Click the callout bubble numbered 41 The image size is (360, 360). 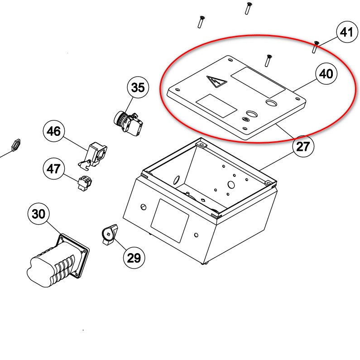point(346,32)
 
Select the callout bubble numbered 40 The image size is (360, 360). point(326,74)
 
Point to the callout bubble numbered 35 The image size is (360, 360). point(138,87)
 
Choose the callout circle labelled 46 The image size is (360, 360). point(53,132)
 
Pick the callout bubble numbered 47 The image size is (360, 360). point(53,168)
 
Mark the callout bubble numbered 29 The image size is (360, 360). point(134,258)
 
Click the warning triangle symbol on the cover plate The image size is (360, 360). point(216,82)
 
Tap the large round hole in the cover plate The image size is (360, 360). point(271,104)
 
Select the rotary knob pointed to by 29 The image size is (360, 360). point(109,235)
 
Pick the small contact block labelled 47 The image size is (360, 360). point(85,182)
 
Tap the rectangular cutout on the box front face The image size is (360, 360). point(169,220)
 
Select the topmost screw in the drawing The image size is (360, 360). point(248,8)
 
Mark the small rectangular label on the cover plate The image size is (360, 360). point(216,106)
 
